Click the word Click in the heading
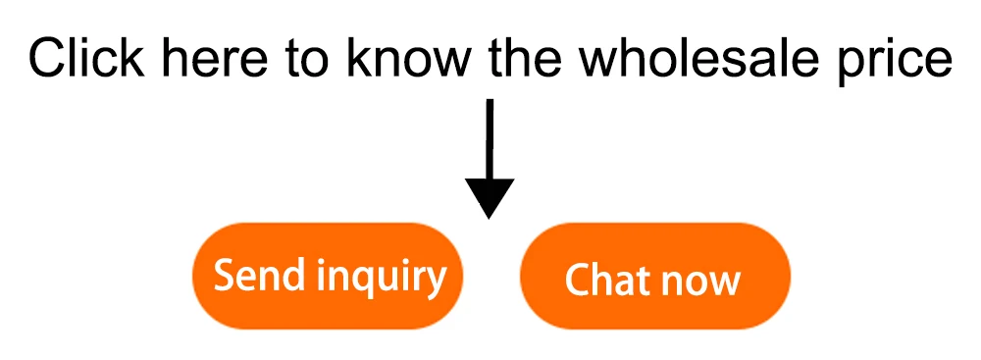tap(85, 58)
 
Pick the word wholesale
tap(710, 58)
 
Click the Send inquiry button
tap(328, 276)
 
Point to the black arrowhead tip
tap(489, 219)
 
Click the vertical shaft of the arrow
tap(490, 139)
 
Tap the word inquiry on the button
tap(381, 278)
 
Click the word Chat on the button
tap(606, 280)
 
